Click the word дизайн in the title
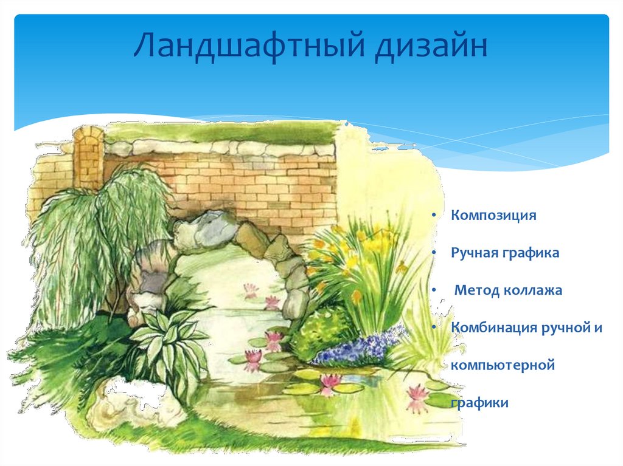point(430,49)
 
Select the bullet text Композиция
point(493,216)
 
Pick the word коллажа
point(532,290)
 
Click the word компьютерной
point(503,365)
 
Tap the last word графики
point(479,403)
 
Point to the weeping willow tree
point(91,243)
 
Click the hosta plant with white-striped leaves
point(164,340)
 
